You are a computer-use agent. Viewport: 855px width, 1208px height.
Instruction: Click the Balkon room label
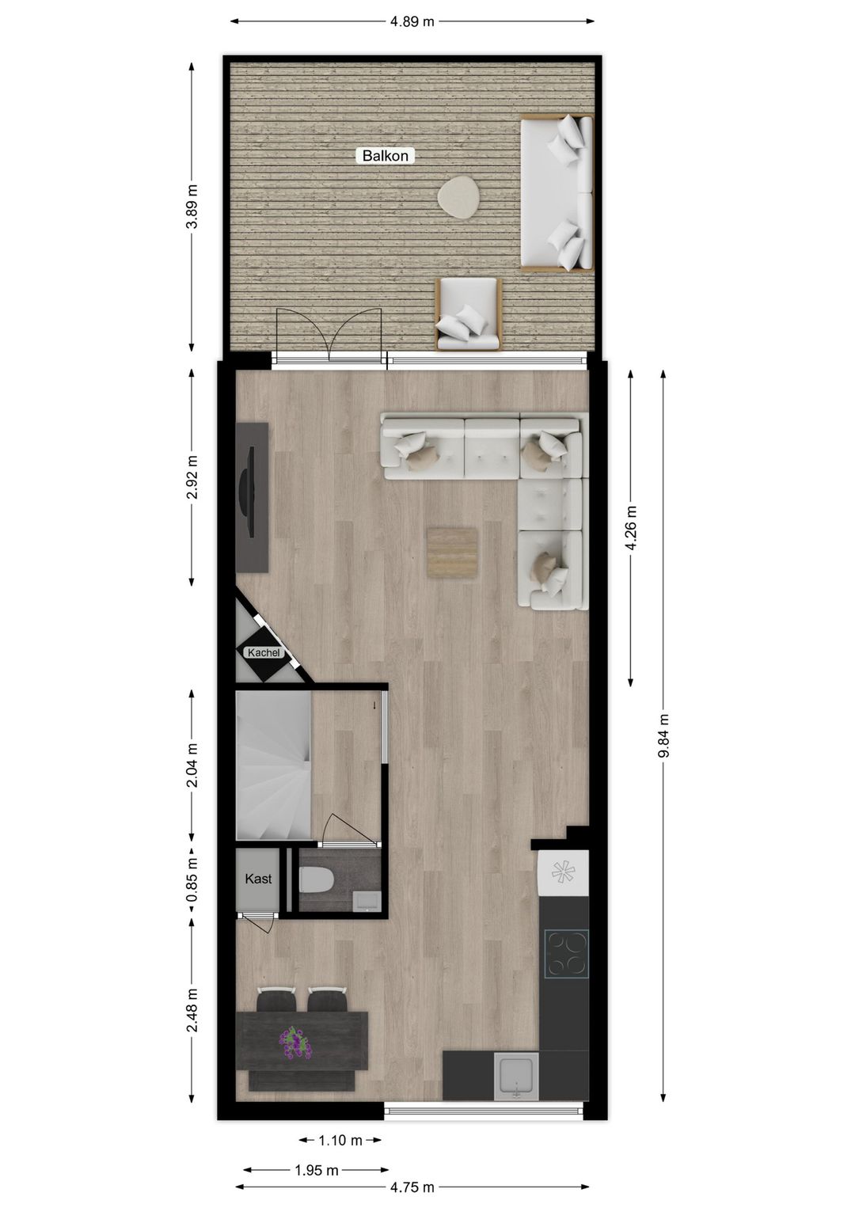pyautogui.click(x=386, y=156)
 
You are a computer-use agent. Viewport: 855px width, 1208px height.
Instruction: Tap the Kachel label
pyautogui.click(x=264, y=653)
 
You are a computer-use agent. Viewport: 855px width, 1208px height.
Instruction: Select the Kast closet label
pyautogui.click(x=258, y=879)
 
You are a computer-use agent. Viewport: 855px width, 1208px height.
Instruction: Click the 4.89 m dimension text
pyautogui.click(x=412, y=21)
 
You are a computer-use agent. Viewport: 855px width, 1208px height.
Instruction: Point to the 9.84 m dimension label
pyautogui.click(x=663, y=736)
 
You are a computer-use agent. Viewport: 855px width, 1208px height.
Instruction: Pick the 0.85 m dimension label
pyautogui.click(x=192, y=880)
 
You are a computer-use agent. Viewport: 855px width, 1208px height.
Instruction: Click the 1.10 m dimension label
pyautogui.click(x=340, y=1141)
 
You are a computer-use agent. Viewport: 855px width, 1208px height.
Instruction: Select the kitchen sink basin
pyautogui.click(x=516, y=1077)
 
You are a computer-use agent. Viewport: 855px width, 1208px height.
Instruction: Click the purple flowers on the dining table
pyautogui.click(x=295, y=1043)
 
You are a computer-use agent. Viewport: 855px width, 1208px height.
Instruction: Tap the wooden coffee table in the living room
pyautogui.click(x=453, y=553)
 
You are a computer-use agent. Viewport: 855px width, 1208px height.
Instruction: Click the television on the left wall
pyautogui.click(x=247, y=496)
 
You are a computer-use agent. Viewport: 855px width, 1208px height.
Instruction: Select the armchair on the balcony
pyautogui.click(x=468, y=313)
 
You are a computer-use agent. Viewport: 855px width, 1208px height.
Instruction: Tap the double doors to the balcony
pyautogui.click(x=329, y=336)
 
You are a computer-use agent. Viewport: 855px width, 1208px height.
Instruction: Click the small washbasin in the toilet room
pyautogui.click(x=367, y=899)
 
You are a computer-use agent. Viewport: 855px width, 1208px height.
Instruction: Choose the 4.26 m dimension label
pyautogui.click(x=631, y=527)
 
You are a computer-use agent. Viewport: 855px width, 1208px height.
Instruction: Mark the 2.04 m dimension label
pyautogui.click(x=192, y=765)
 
